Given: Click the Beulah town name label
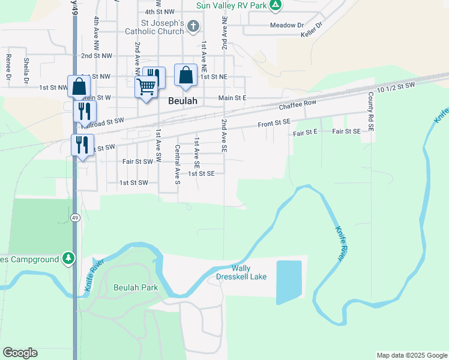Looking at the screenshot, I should point(183,101).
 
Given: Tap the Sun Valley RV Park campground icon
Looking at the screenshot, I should point(275,5).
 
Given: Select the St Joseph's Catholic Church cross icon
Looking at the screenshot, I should point(193,26).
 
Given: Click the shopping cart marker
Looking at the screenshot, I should point(146,87).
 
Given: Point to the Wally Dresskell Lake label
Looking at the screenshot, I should point(241,272).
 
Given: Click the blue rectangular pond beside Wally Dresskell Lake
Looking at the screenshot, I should point(289,281).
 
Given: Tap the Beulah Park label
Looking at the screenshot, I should point(136,287).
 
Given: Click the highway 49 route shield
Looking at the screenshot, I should point(74,217).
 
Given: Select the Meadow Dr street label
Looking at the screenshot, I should point(287,25).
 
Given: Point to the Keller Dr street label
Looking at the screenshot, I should point(312,30).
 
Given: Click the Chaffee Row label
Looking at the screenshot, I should point(298,104).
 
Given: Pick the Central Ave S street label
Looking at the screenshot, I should point(177,165).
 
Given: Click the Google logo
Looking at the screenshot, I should point(20,353).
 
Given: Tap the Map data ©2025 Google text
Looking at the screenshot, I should point(411,355).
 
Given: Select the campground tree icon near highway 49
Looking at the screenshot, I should point(69,259).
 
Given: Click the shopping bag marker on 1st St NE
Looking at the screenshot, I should point(185,76).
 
